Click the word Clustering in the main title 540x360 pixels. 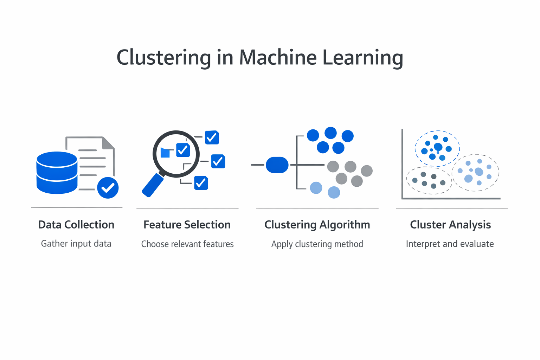[163, 57]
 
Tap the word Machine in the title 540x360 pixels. [278, 57]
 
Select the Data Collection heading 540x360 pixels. [76, 225]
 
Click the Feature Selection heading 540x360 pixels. [187, 225]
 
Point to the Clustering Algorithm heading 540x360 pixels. [317, 225]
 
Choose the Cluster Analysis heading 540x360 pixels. [450, 225]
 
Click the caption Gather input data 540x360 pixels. [76, 244]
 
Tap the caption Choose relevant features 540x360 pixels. [187, 244]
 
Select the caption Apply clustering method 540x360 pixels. [317, 244]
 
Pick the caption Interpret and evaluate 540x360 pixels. [450, 244]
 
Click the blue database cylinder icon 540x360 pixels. [57, 173]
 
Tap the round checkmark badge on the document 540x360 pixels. [108, 188]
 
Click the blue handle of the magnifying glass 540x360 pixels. [153, 185]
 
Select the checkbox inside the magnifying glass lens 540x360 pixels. [183, 150]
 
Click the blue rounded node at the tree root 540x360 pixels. [277, 165]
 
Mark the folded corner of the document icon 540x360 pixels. [108, 143]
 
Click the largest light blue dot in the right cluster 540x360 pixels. [479, 172]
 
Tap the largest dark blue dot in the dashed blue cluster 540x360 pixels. [438, 147]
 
